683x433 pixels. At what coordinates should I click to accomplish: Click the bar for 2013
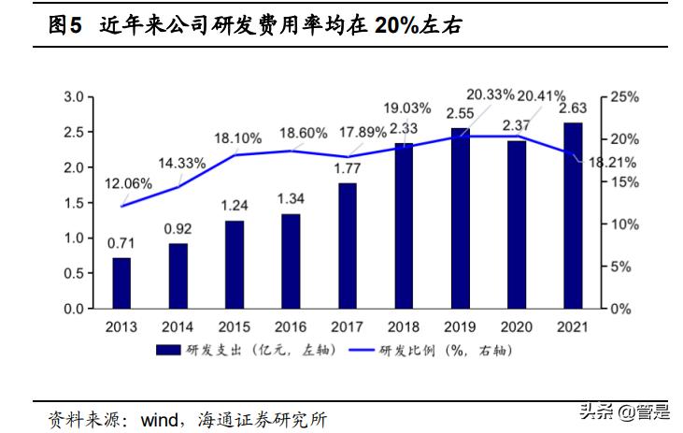[x=121, y=282]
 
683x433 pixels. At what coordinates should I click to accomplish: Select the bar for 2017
[x=347, y=245]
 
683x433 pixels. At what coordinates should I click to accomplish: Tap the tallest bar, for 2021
[x=572, y=215]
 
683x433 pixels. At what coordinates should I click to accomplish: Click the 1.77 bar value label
[x=348, y=169]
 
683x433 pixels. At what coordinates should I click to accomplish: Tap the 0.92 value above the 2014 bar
[x=178, y=228]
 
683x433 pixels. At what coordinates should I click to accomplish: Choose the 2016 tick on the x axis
[x=291, y=327]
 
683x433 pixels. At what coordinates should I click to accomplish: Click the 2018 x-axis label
[x=403, y=327]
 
